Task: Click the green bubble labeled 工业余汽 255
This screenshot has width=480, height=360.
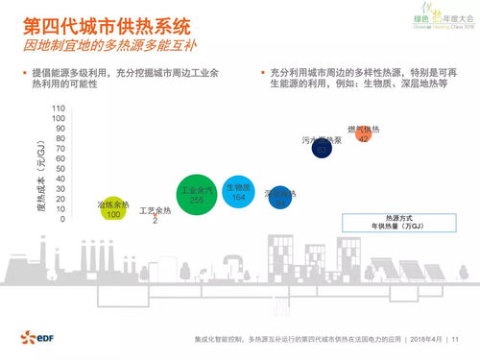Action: tap(197, 195)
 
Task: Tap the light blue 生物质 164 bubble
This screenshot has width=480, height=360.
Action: tap(238, 191)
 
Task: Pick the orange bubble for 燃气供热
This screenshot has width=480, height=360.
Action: tap(363, 134)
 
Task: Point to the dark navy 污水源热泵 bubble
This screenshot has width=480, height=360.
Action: tap(323, 146)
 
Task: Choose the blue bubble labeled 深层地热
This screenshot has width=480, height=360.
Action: tap(279, 199)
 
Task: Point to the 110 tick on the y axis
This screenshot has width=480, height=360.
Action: tap(59, 108)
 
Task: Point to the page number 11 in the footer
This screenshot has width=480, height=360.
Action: tap(456, 339)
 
